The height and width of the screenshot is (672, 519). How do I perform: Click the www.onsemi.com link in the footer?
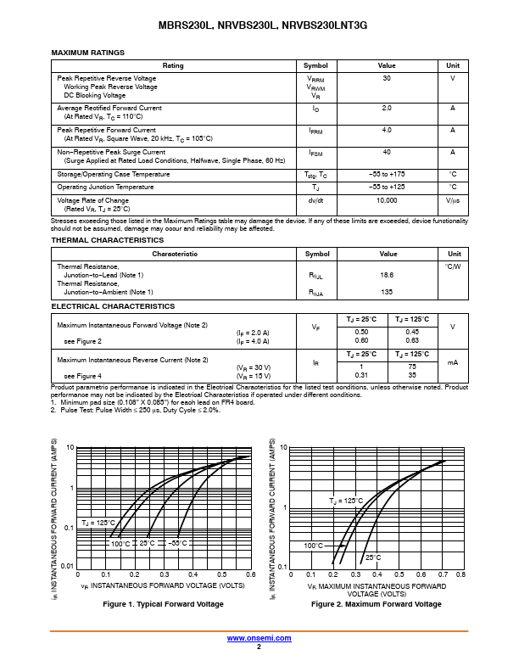[x=259, y=637]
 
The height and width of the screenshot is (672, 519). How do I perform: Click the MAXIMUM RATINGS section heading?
[x=87, y=53]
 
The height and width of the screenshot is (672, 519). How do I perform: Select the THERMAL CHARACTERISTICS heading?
[x=107, y=240]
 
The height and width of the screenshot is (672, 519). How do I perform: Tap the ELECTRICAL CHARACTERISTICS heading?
[x=113, y=306]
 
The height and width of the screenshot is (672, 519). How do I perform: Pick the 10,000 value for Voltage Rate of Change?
[x=387, y=200]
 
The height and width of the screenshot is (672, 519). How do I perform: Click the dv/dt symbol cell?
[x=315, y=200]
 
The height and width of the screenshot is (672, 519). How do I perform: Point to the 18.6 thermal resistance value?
[x=387, y=276]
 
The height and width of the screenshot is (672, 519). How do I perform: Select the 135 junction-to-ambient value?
[x=387, y=292]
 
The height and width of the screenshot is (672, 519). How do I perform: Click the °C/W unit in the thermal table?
[x=453, y=266]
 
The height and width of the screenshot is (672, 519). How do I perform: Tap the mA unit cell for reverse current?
[x=453, y=362]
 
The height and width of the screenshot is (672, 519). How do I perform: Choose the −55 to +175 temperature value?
[x=387, y=174]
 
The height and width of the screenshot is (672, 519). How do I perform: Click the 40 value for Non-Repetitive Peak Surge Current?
[x=387, y=152]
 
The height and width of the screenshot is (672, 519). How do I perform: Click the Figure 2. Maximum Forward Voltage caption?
[x=377, y=604]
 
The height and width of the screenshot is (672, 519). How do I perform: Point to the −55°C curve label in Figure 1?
[x=177, y=543]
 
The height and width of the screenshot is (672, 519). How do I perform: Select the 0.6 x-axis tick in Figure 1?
[x=251, y=574]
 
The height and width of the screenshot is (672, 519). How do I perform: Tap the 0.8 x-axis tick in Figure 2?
[x=460, y=574]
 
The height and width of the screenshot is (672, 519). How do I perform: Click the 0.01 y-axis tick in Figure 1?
[x=68, y=565]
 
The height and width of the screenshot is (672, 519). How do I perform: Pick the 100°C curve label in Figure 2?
[x=314, y=546]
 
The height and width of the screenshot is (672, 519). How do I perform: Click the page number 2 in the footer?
[x=259, y=647]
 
